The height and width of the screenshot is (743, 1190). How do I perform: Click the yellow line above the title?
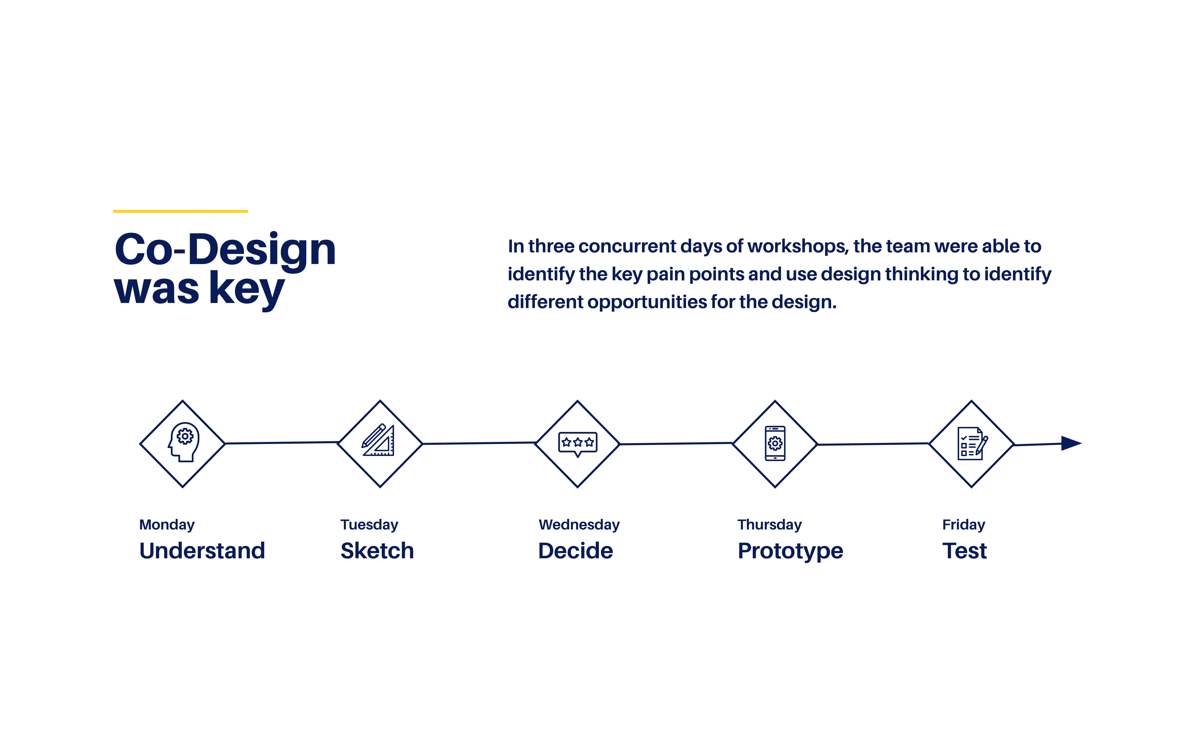[180, 211]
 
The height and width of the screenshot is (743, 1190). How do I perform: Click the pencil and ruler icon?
[378, 440]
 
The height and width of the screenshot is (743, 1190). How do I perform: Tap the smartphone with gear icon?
[775, 443]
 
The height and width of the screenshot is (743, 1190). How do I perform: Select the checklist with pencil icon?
[972, 443]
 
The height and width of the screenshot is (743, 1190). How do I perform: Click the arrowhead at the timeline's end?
[1071, 443]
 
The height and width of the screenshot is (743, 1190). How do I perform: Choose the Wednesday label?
[579, 525]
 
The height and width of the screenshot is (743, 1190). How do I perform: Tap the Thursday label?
[770, 525]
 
